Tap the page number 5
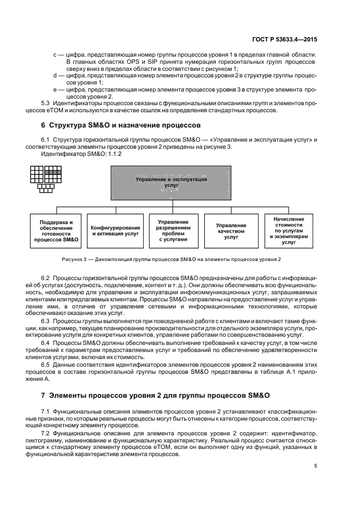316,466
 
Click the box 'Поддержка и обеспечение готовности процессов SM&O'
56,231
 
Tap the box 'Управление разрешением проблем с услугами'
173,230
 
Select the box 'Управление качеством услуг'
231,230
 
